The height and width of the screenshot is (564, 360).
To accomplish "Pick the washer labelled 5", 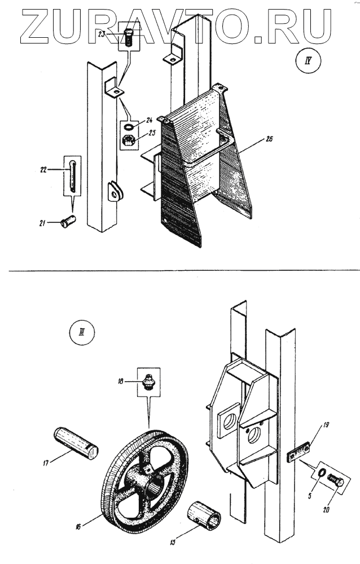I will point(319,473).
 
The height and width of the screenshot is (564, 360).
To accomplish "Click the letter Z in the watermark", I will point(35,25).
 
